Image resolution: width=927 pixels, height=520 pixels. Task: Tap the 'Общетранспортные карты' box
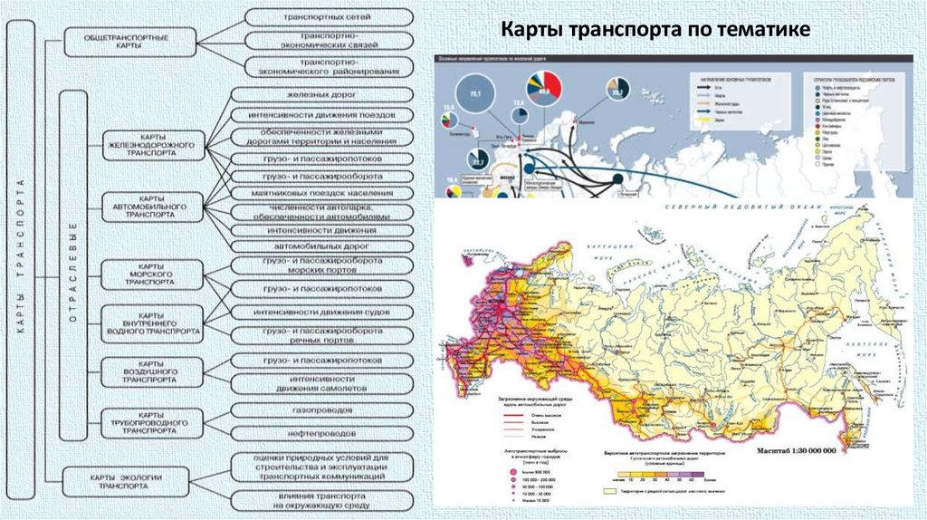(129, 42)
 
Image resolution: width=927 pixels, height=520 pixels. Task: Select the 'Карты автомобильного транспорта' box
(152, 208)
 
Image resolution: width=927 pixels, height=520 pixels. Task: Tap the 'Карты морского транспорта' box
(152, 274)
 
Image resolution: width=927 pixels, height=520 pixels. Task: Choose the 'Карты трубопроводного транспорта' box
(152, 422)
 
